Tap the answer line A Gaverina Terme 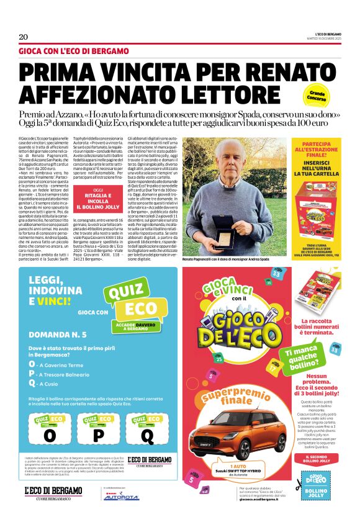[60, 365]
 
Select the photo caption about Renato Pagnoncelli [228, 258]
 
